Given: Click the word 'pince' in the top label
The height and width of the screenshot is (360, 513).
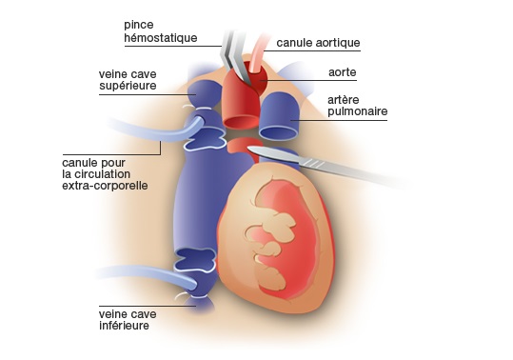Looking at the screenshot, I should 140,24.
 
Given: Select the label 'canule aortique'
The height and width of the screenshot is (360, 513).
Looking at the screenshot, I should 318,43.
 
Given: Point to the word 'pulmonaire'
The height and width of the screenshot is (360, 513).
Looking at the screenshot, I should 358,112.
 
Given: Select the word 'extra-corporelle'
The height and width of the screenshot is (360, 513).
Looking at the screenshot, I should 104,186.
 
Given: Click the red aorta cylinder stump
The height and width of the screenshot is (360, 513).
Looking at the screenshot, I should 242,105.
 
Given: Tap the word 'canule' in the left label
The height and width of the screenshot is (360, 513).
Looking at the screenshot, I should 81,163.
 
